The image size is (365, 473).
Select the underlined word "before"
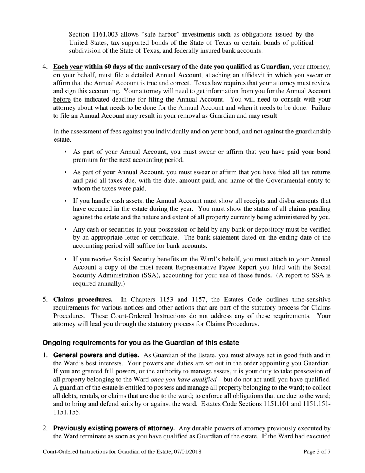click(61, 99)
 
